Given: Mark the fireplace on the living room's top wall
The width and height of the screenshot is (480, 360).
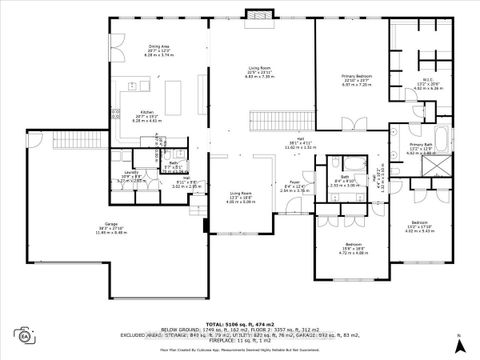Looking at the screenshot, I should [260, 16].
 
